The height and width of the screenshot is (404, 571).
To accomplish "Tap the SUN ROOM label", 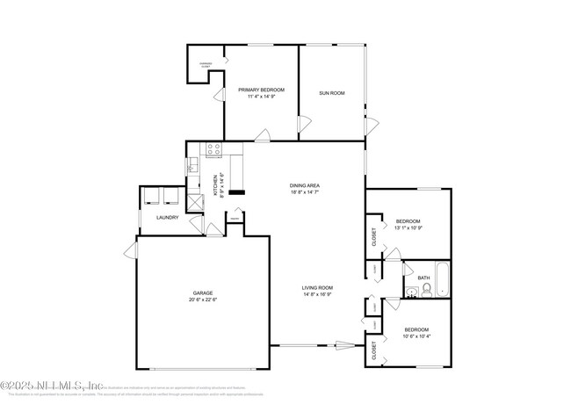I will [331, 92].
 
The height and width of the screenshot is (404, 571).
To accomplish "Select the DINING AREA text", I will [305, 185].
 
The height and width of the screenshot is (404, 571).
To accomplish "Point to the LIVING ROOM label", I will [317, 288].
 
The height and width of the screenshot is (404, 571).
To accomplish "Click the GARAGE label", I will [203, 293].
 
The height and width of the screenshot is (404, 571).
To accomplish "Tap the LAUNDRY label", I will [167, 217].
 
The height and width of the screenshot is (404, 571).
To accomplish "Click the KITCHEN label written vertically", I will [216, 186].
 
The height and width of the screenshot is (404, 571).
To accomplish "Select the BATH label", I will [423, 278].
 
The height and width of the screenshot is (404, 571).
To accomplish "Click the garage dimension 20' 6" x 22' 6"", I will [203, 300].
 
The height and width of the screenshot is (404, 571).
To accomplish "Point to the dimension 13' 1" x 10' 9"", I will [408, 227].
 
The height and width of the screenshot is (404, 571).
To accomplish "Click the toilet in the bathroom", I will [425, 293].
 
